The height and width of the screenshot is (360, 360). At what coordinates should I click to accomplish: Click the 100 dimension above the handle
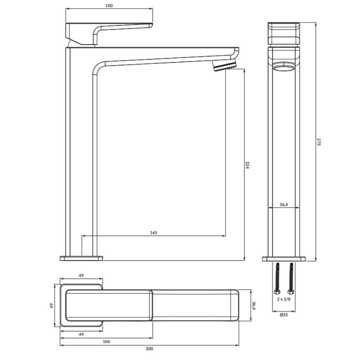pos(109,5)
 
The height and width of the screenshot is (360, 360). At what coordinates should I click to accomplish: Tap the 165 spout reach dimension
pos(153,232)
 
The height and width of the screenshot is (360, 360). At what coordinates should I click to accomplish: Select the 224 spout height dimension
pos(247,165)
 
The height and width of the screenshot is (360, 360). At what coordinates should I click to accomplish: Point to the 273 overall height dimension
pos(318,141)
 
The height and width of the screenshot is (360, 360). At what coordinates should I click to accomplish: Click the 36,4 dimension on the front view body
pos(284,204)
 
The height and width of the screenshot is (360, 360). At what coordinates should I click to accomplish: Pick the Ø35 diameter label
pos(284,315)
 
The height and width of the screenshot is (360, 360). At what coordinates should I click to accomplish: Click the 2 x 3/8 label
pos(284,299)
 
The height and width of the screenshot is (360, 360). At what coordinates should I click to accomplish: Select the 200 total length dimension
pos(149,348)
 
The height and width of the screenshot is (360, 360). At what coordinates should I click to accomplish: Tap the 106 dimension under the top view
pos(106,341)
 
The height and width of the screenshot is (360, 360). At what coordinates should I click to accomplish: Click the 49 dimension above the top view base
pos(81,275)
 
